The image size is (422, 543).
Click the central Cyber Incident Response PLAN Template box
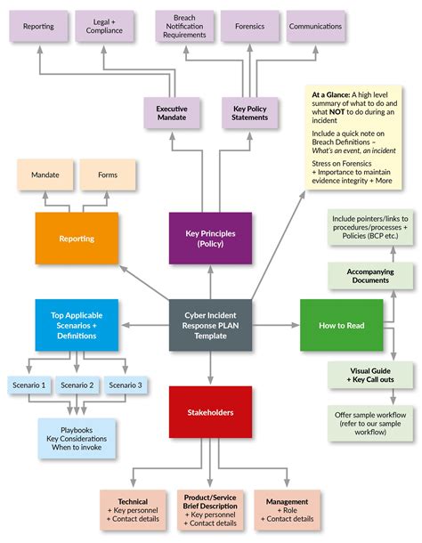coord(210,326)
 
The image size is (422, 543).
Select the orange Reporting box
coord(77,239)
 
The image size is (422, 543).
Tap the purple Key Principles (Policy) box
coord(210,239)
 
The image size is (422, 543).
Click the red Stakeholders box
coord(210,412)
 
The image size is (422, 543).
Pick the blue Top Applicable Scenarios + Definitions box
coord(77,326)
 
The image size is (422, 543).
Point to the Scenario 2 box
coord(77,385)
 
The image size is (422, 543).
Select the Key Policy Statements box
coord(249,114)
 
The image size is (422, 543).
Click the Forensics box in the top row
coord(249,27)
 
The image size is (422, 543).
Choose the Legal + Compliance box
coord(104,27)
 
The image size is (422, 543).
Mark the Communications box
coord(315,27)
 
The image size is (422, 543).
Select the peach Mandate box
coord(45,175)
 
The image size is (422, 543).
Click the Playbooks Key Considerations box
coord(77,438)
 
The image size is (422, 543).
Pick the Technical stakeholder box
coord(133,509)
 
